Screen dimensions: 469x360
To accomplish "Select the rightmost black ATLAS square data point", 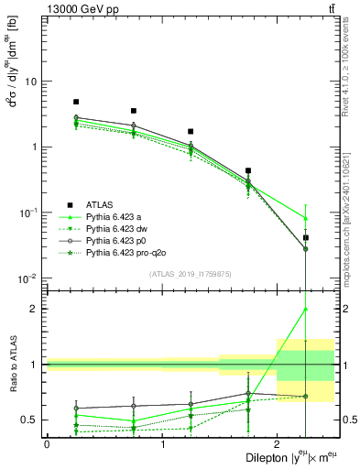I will (x=305, y=237).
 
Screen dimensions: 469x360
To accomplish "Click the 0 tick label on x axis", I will (x=47, y=443).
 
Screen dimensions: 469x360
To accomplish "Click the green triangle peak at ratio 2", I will (x=305, y=309).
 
